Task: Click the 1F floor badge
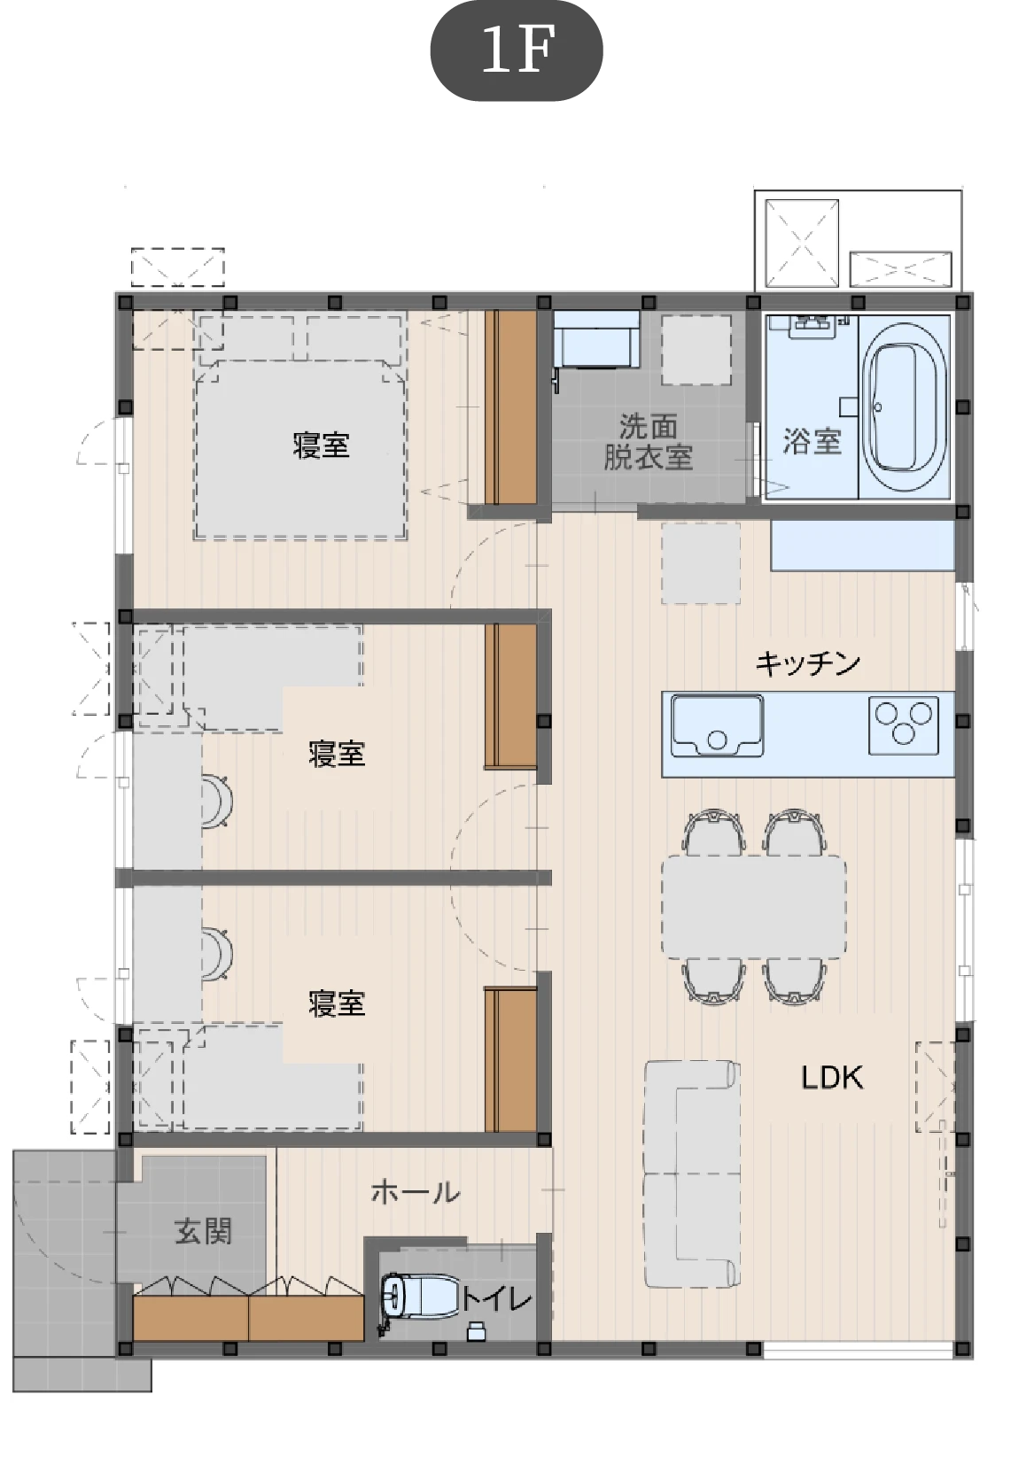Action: point(516,50)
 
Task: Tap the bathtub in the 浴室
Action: point(904,407)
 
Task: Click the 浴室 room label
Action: point(812,441)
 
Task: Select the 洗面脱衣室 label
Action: point(648,442)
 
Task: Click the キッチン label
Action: point(808,663)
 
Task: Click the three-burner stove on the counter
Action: point(903,724)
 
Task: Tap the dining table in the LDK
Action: point(753,907)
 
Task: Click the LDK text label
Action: point(832,1079)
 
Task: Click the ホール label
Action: point(416,1193)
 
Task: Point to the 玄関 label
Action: point(203,1232)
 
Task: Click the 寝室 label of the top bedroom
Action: point(321,445)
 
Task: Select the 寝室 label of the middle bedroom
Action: point(337,755)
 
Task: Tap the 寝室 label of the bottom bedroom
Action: point(337,1003)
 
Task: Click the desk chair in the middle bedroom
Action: point(217,802)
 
